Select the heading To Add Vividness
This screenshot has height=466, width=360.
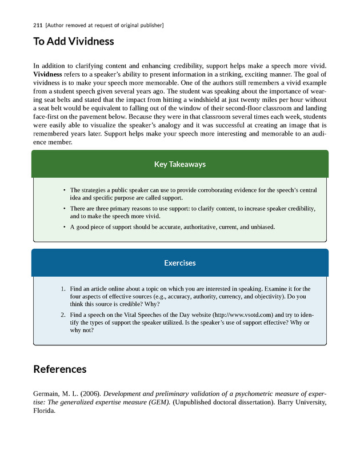(74, 42)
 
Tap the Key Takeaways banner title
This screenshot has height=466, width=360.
(180, 165)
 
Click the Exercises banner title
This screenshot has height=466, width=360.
(180, 263)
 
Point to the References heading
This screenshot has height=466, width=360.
(60, 369)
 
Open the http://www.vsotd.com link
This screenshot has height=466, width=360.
(243, 315)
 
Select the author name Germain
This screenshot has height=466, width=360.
(47, 394)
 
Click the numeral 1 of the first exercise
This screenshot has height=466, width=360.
(63, 289)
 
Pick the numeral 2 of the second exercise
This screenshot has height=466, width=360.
(63, 315)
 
